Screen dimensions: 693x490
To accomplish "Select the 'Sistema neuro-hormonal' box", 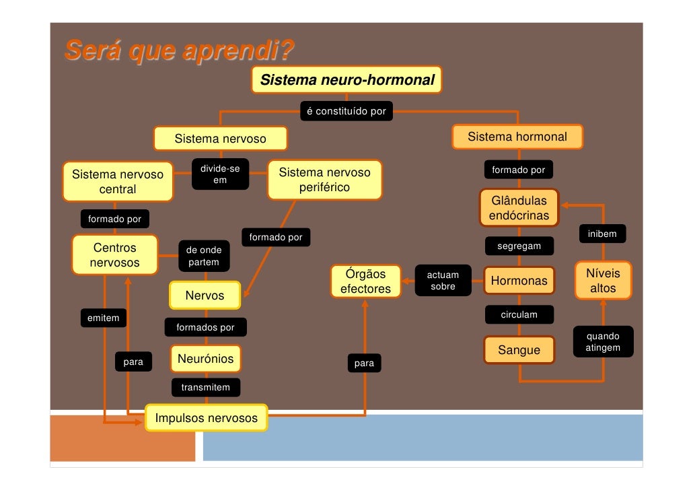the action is point(347,80).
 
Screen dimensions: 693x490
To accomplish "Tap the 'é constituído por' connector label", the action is point(346,111).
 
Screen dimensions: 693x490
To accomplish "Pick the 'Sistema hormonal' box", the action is point(517,137).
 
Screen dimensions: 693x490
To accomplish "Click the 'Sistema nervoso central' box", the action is point(118,182).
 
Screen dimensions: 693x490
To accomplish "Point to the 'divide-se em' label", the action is point(220,174).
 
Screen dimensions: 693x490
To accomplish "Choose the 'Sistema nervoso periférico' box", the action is point(324,180).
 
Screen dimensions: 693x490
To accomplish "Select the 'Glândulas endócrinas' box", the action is point(519,209).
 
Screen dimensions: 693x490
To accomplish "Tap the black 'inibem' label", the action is point(601,234).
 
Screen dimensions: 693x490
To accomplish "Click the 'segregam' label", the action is point(519,246).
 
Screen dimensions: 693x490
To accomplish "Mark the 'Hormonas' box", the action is point(519,281).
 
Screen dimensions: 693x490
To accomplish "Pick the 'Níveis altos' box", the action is point(603,281).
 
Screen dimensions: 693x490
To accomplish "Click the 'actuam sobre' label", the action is point(443,281).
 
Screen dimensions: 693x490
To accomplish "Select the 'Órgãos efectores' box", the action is point(365,281).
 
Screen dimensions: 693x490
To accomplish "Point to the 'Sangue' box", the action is point(519,350).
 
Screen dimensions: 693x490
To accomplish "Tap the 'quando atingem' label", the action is point(603,342).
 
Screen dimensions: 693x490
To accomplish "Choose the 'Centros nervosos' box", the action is point(114,255).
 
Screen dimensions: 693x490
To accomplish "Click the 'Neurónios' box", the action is point(205,359).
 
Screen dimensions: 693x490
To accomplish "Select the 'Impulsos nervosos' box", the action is point(207,418).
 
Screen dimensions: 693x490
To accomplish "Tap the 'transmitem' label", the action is point(205,387).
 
